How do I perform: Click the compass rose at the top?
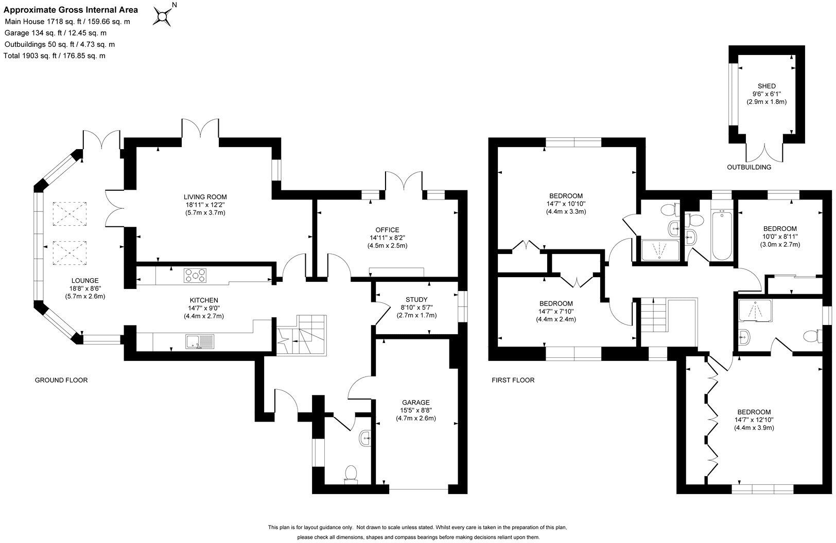pos(163,15)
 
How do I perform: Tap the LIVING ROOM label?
pos(205,197)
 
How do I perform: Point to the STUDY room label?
pos(416,300)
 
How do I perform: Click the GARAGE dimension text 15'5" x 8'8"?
pos(416,410)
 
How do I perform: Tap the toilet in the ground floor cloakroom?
pos(351,474)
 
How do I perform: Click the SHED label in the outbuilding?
pos(767,86)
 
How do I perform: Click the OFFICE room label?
pos(387,230)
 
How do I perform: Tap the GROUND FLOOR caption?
pos(61,381)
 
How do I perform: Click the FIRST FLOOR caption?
pos(513,381)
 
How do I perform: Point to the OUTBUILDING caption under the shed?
pos(748,167)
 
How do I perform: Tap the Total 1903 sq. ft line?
pos(54,56)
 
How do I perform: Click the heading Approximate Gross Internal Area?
pos(71,10)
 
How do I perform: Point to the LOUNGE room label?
pos(85,281)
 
